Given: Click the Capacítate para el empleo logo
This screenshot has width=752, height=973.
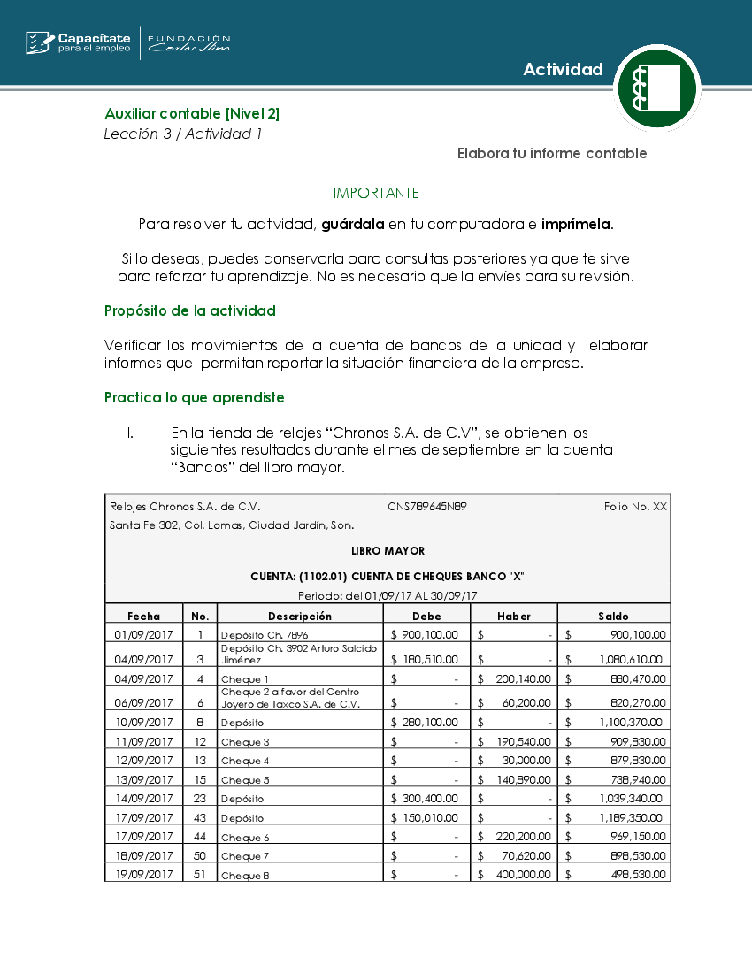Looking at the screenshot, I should [78, 42].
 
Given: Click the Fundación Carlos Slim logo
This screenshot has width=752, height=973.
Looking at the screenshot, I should [188, 43].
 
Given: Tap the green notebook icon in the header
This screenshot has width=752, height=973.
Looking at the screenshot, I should [656, 88].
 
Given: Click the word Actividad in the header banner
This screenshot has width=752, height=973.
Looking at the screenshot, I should [563, 70].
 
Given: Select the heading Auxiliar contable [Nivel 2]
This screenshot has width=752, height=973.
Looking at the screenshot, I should [192, 113].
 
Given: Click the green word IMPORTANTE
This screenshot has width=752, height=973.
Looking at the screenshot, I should [376, 193].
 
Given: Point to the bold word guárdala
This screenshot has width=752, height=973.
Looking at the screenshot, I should [352, 224].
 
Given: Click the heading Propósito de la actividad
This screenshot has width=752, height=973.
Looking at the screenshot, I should [190, 310].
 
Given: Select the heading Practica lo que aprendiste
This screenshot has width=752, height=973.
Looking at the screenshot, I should [195, 397].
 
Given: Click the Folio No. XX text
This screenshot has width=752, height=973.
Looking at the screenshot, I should [635, 507].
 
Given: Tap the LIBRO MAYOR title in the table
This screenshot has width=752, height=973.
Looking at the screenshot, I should [388, 551].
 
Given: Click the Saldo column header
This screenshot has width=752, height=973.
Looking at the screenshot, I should [613, 616].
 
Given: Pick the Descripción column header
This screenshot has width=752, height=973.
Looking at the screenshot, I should [300, 616].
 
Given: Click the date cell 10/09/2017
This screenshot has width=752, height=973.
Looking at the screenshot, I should [143, 723].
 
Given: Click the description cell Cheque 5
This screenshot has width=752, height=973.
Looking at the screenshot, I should [245, 780].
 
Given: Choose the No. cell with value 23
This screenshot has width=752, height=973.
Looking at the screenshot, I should [200, 799].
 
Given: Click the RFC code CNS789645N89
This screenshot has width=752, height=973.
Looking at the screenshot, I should [427, 507].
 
